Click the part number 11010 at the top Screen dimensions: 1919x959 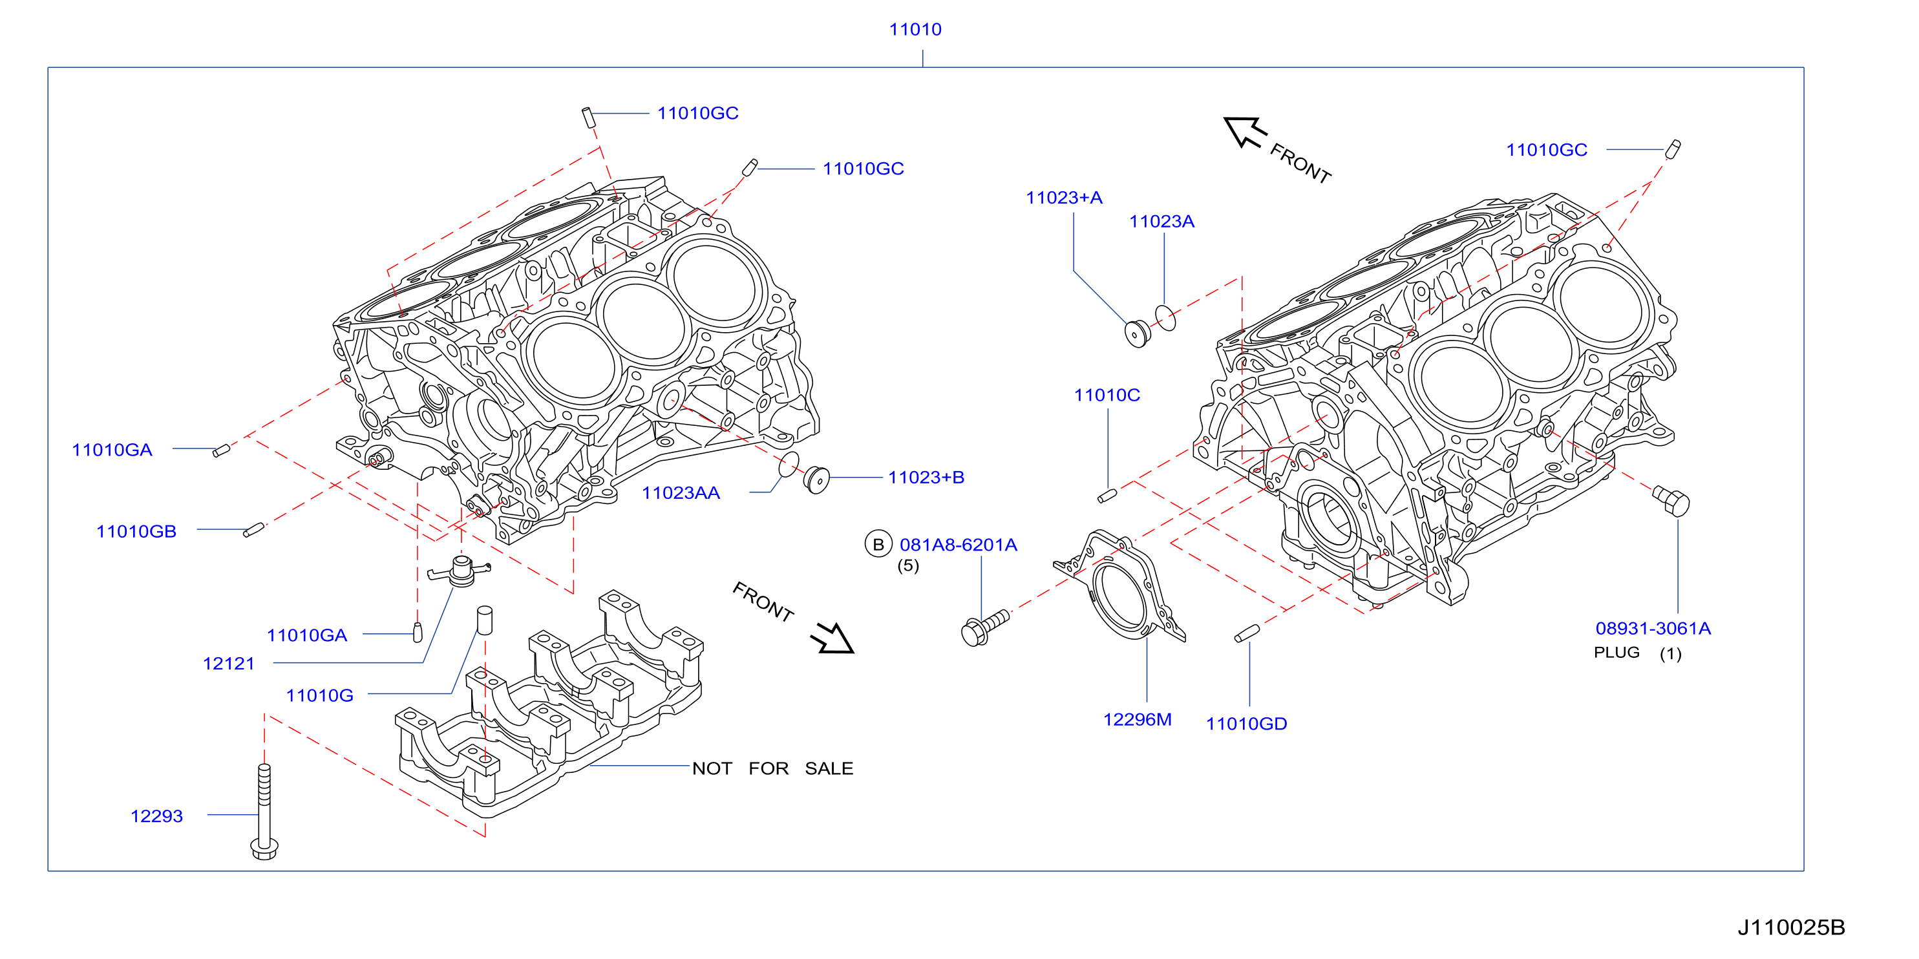pos(915,30)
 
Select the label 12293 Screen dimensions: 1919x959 pos(156,816)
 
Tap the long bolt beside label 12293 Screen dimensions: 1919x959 pos(264,812)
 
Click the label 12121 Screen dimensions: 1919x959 pos(229,664)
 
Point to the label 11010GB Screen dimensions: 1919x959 pos(136,532)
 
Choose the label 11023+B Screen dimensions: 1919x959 pos(926,478)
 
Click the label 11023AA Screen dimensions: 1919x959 pos(681,493)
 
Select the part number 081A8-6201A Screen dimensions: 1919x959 pos(958,545)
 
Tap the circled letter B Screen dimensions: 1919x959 pos(878,544)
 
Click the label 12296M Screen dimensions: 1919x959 pos(1137,719)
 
